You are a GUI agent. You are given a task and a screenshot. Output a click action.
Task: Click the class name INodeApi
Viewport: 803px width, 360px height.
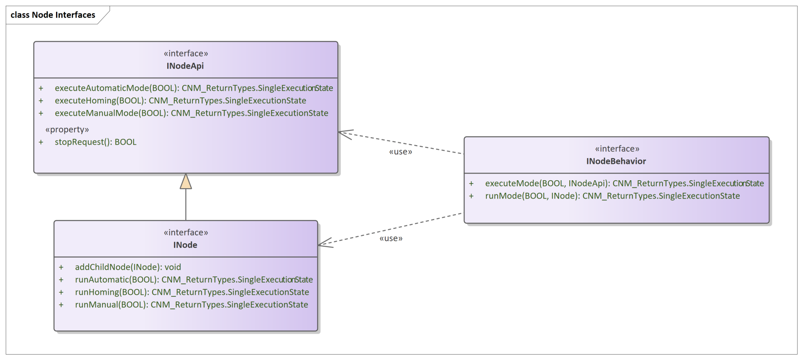(x=185, y=66)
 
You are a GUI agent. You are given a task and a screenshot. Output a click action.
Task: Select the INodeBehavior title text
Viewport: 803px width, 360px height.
(x=616, y=161)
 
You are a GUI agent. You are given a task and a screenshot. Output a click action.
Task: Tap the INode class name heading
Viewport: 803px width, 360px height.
(x=185, y=245)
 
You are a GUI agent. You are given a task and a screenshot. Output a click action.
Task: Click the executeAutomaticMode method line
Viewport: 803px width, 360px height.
(x=194, y=88)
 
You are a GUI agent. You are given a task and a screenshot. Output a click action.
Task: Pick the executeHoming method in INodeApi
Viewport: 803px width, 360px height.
(x=180, y=101)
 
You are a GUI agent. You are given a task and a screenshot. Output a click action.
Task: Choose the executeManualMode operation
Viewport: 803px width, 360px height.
(x=192, y=113)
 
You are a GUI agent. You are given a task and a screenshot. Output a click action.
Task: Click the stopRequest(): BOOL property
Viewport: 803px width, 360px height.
(x=95, y=142)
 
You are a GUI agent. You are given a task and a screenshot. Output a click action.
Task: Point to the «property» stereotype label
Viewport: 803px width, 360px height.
(x=67, y=130)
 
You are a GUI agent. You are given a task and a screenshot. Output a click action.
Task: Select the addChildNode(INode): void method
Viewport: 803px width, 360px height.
(x=128, y=267)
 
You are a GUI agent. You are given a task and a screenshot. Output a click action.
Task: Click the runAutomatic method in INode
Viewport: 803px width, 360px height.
(x=194, y=280)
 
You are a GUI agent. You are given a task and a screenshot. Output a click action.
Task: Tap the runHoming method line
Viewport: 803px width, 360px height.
(x=192, y=292)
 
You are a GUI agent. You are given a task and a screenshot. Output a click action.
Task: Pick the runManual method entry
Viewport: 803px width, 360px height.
(x=192, y=305)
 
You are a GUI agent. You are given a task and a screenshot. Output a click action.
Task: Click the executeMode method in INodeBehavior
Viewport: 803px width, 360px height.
(x=624, y=184)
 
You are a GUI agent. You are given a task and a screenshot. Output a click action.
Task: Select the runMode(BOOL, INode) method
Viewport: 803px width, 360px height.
(x=612, y=196)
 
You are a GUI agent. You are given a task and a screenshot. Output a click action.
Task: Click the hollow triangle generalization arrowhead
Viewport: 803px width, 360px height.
(x=186, y=181)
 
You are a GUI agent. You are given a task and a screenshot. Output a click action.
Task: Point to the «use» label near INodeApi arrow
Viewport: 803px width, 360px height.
(x=401, y=152)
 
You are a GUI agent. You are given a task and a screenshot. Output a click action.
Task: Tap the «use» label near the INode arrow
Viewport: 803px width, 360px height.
(x=391, y=239)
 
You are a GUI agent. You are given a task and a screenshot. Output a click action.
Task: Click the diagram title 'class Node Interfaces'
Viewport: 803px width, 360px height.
(x=53, y=15)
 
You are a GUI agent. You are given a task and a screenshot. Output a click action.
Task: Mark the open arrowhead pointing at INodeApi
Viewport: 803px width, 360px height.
(x=345, y=134)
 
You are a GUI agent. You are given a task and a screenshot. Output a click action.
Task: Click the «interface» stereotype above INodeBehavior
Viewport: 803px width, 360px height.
(x=617, y=149)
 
